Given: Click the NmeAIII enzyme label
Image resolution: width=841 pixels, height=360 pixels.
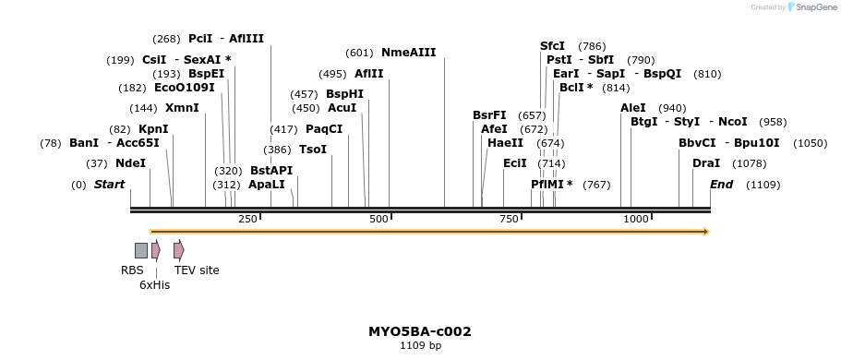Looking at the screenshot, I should click(x=408, y=53).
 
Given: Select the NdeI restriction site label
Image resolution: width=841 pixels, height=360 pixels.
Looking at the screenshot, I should click(x=130, y=163).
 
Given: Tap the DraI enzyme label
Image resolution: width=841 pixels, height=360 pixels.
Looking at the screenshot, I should click(x=706, y=163).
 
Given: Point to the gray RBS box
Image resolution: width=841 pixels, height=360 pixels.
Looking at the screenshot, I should click(x=141, y=250).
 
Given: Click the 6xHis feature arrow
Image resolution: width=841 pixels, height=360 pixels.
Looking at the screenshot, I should click(x=156, y=250).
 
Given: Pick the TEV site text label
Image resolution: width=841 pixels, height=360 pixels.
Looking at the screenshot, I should click(x=197, y=270).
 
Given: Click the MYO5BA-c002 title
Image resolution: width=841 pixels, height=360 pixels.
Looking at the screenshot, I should click(x=420, y=331).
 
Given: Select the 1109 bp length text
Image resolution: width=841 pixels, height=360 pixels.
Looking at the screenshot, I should click(x=420, y=346).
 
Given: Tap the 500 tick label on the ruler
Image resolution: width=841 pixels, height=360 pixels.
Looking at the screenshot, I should click(x=378, y=219).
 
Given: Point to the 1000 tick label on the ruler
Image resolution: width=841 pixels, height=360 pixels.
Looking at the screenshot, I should click(x=636, y=219).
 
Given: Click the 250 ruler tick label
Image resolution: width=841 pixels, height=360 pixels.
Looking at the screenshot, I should click(x=247, y=219).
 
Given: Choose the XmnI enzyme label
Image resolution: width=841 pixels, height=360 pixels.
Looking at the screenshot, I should click(x=182, y=108).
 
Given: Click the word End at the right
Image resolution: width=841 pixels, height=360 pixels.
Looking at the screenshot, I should click(x=721, y=185).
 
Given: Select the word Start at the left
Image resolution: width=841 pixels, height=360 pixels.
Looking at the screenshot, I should click(x=109, y=185).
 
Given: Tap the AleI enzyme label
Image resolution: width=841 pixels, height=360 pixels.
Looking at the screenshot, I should click(x=633, y=108).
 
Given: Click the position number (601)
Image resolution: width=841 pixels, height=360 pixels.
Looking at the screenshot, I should click(x=358, y=53).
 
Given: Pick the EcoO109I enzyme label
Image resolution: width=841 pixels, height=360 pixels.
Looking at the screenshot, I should click(x=184, y=88).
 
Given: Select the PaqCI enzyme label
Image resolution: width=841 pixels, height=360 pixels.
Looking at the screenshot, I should click(x=324, y=129).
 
